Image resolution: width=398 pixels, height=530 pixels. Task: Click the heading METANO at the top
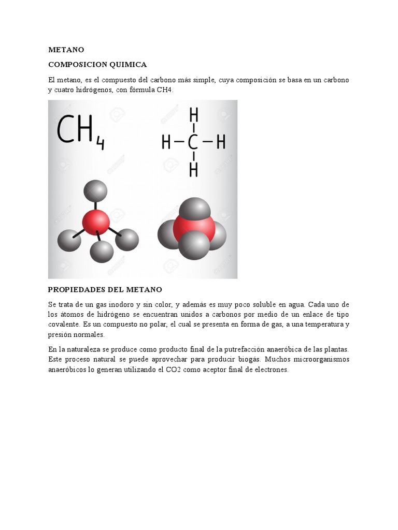click(x=66, y=50)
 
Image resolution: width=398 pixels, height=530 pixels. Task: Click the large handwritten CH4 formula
click(x=80, y=131)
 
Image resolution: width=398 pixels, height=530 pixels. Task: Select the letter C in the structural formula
click(x=193, y=141)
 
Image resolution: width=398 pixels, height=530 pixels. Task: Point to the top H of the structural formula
click(x=193, y=114)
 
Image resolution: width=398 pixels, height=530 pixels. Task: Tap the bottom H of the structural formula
click(x=193, y=169)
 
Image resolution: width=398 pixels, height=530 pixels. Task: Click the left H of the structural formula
click(x=166, y=141)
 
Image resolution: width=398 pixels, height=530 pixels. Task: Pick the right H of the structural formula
click(x=221, y=141)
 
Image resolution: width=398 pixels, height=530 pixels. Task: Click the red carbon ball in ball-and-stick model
click(x=96, y=223)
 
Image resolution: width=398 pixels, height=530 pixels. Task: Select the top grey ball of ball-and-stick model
click(x=95, y=190)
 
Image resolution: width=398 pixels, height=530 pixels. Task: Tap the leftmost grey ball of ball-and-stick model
click(x=69, y=240)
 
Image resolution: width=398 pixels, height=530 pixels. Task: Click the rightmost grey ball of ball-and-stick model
click(x=127, y=240)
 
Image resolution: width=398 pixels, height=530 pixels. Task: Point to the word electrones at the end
click(x=269, y=370)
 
